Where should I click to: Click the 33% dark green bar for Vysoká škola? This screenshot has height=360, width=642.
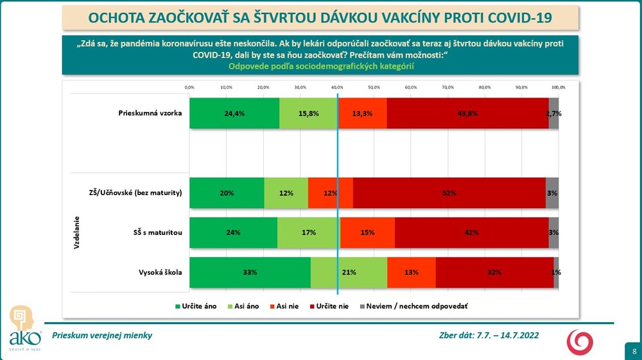click(x=250, y=272)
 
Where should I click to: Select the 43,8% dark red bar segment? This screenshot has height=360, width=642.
click(x=467, y=114)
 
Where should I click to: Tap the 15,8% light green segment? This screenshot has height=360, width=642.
click(x=308, y=114)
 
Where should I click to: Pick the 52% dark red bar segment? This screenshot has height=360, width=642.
click(x=449, y=193)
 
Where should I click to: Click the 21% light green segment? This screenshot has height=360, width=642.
click(x=349, y=272)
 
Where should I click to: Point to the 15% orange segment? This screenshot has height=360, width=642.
click(x=367, y=232)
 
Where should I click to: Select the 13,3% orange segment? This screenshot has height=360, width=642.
click(x=362, y=114)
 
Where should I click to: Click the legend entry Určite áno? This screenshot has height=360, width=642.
click(x=196, y=306)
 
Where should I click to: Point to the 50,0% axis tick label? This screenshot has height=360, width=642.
click(x=374, y=87)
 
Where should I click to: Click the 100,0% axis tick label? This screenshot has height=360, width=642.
click(x=558, y=87)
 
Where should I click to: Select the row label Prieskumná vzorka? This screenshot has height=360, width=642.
click(x=150, y=114)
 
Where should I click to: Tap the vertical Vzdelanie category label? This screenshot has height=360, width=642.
click(x=76, y=232)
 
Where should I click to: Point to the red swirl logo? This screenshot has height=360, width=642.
click(x=579, y=342)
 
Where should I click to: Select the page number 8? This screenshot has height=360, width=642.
click(x=634, y=351)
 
